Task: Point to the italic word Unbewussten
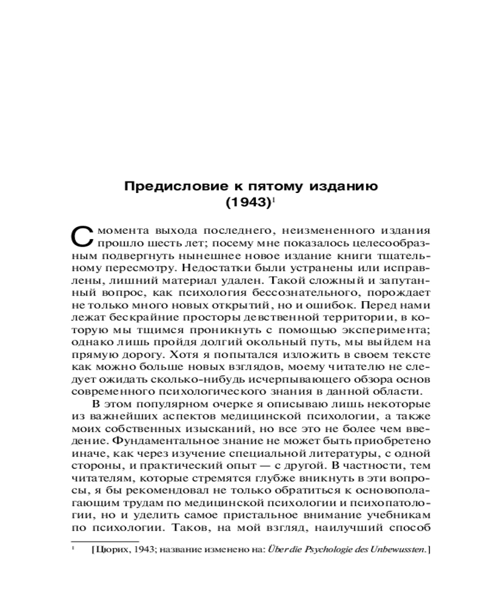click(396, 550)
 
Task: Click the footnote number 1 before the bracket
click(73, 549)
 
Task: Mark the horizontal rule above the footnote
click(105, 540)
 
